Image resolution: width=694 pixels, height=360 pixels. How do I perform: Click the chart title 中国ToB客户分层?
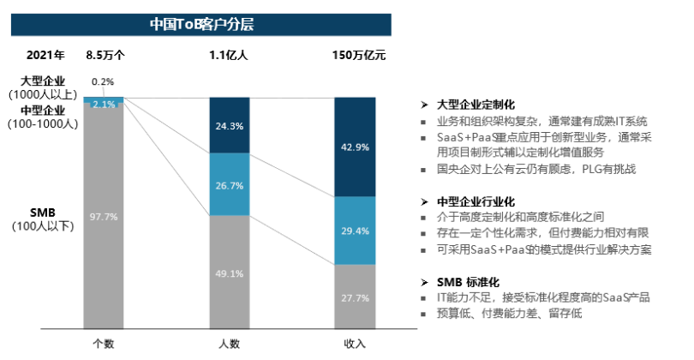(x=201, y=24)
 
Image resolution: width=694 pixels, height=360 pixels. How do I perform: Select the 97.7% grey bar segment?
(x=104, y=216)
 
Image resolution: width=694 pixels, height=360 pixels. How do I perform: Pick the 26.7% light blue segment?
(x=229, y=184)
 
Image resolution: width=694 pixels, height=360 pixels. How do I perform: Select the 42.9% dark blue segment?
(x=355, y=147)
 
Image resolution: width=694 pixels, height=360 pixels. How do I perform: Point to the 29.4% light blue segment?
(x=355, y=230)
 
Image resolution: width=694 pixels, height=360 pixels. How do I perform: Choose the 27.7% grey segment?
(x=355, y=297)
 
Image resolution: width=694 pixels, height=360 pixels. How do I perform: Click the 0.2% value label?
(x=103, y=82)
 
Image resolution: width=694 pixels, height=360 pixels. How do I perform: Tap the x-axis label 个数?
(x=104, y=344)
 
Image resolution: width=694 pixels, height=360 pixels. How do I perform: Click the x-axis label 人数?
(x=229, y=344)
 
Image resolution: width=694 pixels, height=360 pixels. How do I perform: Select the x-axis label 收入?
(x=355, y=344)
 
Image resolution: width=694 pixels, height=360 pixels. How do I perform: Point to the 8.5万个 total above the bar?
(x=105, y=57)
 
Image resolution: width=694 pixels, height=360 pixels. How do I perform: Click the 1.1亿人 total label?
(x=229, y=57)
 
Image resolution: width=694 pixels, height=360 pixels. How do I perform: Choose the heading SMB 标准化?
(x=468, y=282)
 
